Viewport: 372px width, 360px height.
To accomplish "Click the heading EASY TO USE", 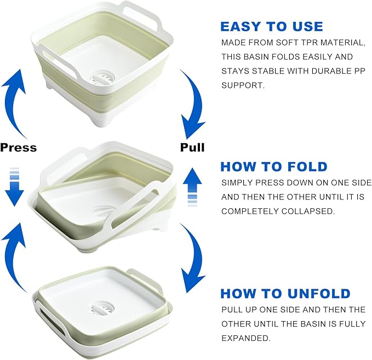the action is (272, 26).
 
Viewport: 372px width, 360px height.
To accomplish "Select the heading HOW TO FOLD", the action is (274, 167).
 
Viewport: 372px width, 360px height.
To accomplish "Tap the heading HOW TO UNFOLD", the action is (285, 294).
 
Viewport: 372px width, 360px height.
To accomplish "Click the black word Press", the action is (19, 147).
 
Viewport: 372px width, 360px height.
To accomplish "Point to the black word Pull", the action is (192, 147).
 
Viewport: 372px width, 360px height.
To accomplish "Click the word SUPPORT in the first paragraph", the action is (243, 85).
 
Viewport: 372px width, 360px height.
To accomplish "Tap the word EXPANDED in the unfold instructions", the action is (246, 338).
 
